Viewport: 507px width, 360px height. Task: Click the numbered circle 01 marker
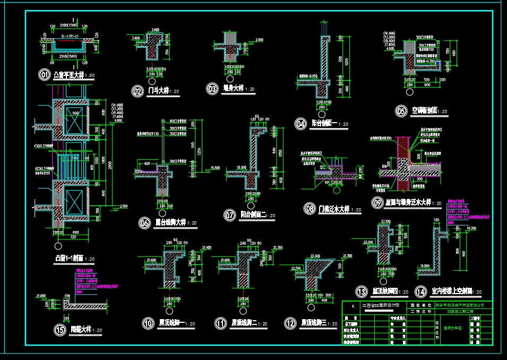pyautogui.click(x=45, y=75)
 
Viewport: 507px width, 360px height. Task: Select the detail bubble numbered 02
pyautogui.click(x=138, y=91)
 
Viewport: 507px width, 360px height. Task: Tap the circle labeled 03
pyautogui.click(x=213, y=89)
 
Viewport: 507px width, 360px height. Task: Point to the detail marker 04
pyautogui.click(x=302, y=124)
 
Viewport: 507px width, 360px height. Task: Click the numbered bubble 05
pyautogui.click(x=401, y=111)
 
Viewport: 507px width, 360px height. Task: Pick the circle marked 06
pyautogui.click(x=144, y=223)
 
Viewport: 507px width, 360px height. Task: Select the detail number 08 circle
pyautogui.click(x=309, y=209)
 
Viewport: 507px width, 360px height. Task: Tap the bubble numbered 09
pyautogui.click(x=377, y=202)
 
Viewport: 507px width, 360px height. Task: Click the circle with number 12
pyautogui.click(x=290, y=323)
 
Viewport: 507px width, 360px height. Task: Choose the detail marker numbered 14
pyautogui.click(x=421, y=291)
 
